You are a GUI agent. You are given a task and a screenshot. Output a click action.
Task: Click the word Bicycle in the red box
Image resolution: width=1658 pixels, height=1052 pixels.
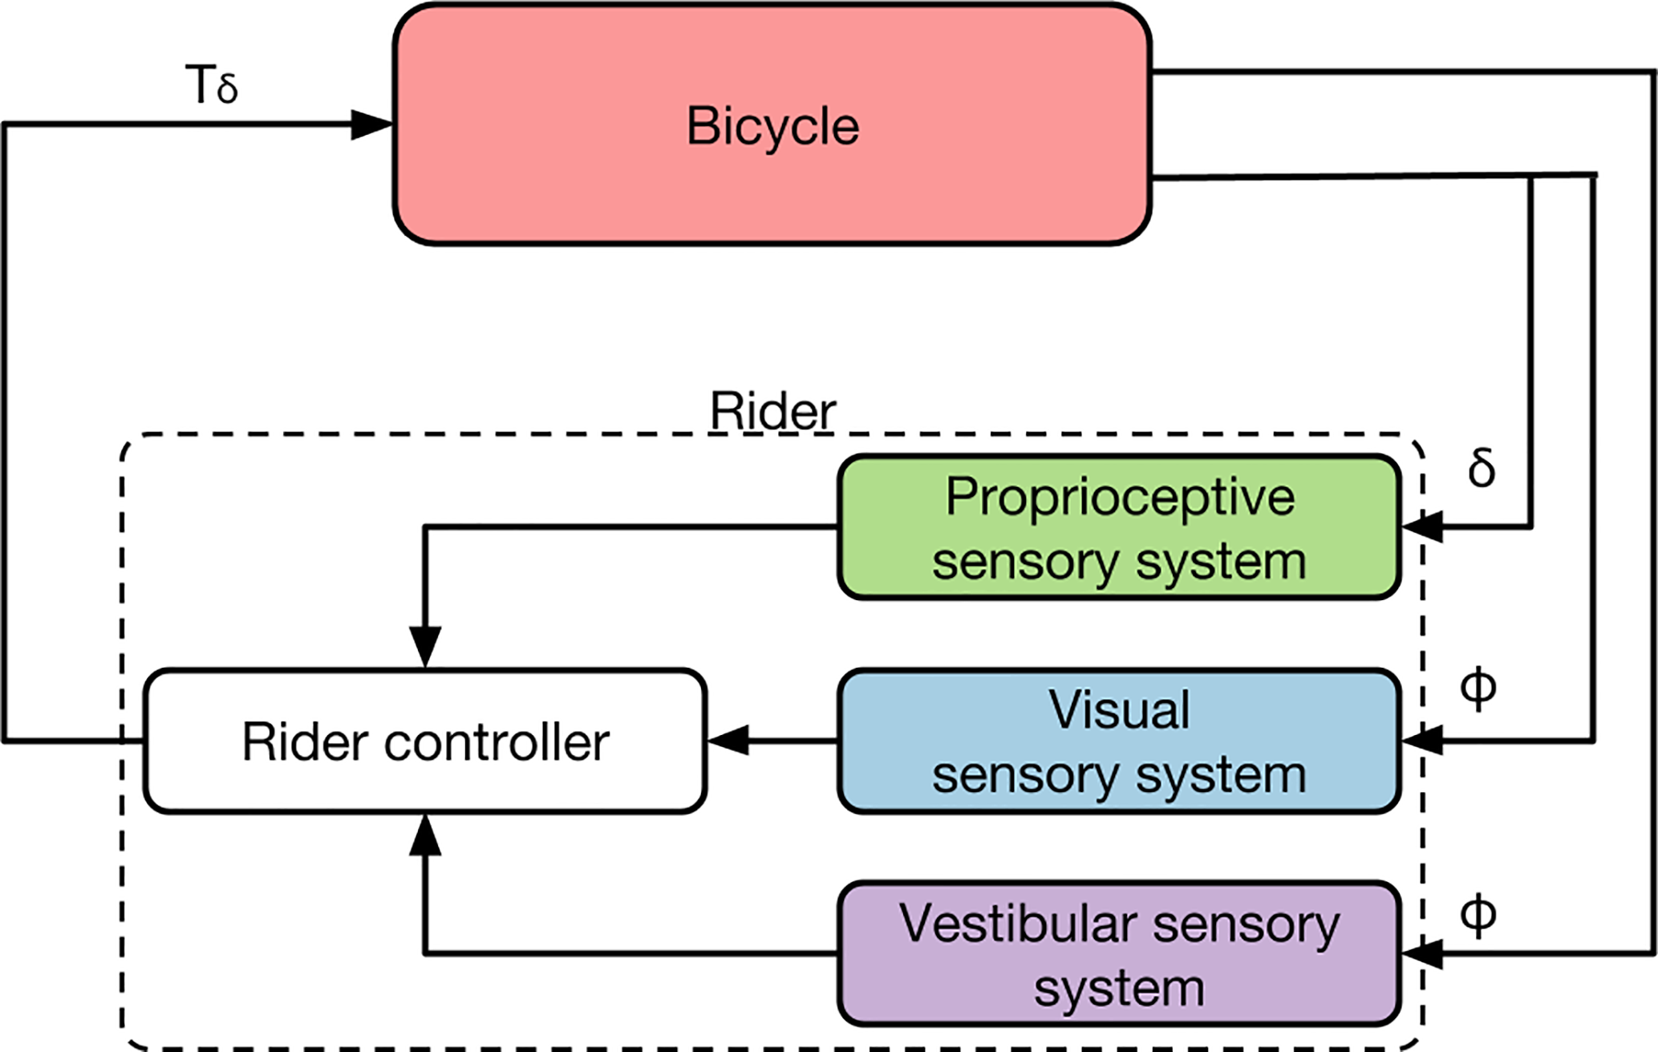point(772,127)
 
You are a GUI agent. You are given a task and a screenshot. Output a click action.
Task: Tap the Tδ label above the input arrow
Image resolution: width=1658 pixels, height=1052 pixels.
point(212,85)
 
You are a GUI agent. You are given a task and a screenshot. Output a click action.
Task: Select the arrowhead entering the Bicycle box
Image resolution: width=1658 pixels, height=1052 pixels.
point(371,124)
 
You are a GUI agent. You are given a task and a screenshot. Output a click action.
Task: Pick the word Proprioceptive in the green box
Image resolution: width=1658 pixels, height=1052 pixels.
point(1120,498)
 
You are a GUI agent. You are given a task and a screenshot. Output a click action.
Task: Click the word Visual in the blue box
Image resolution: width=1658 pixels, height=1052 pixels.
point(1120,710)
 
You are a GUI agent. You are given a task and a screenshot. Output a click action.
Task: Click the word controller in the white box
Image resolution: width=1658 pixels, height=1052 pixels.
point(497,742)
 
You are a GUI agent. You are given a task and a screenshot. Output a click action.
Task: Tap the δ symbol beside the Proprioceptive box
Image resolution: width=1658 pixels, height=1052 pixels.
point(1481,468)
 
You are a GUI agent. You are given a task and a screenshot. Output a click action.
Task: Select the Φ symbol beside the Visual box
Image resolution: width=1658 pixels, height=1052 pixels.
point(1478,688)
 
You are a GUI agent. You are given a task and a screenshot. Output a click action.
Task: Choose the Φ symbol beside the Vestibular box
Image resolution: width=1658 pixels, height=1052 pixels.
point(1478,915)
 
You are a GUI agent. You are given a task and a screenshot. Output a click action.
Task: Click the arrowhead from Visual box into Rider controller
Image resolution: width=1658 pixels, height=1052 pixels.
point(728,740)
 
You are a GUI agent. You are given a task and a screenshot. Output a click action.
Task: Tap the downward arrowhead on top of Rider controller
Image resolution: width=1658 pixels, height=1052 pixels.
point(425,647)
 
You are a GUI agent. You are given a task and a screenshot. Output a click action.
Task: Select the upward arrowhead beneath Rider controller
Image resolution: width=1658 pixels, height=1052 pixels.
point(425,835)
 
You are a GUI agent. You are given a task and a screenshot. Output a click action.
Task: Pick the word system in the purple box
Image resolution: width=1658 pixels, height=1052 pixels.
point(1120,989)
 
